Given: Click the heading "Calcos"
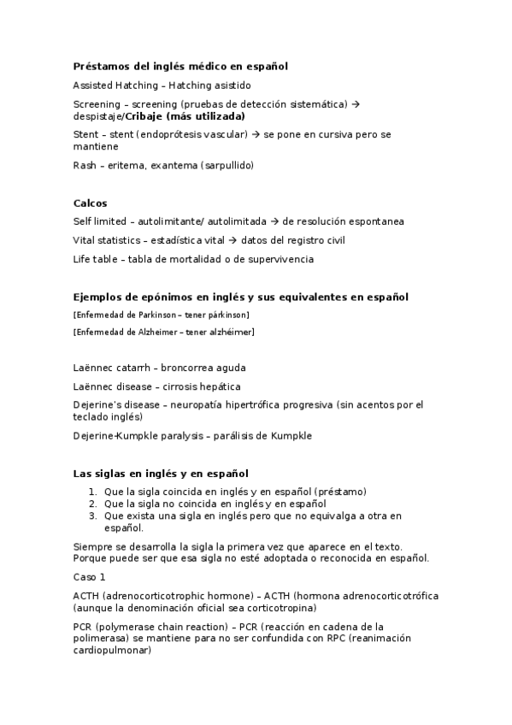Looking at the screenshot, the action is coord(90,203).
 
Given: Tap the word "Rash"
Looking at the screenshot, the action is coord(84,165).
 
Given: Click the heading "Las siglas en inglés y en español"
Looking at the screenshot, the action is coord(161,473).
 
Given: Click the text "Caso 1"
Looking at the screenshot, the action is coord(89,577).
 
